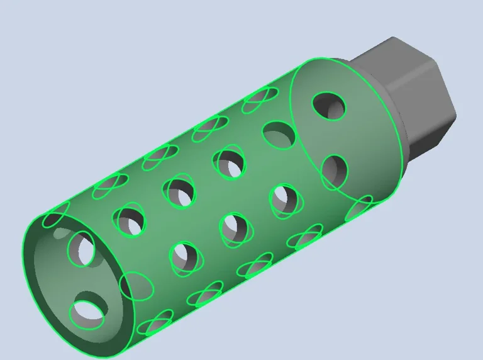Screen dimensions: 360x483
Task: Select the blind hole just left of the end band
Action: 279,134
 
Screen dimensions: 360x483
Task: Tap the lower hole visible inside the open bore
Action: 86,313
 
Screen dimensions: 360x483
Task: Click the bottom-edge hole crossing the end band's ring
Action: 359,208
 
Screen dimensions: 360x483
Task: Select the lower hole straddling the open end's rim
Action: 136,286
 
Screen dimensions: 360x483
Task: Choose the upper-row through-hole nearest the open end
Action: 129,218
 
